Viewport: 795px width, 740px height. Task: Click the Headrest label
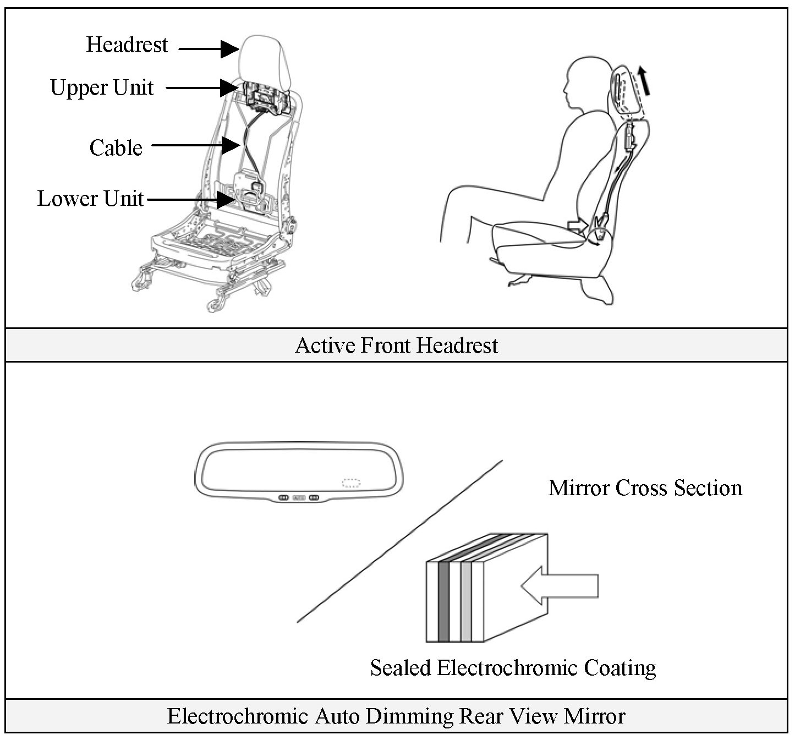(127, 45)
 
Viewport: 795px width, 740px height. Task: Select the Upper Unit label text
(102, 87)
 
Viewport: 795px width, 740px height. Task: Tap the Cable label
(116, 147)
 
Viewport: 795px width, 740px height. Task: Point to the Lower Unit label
(90, 199)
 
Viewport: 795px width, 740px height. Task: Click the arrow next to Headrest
(209, 49)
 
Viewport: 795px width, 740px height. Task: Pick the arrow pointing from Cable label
(195, 145)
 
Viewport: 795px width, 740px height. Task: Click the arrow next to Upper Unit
(201, 87)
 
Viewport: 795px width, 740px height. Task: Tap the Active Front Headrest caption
(396, 346)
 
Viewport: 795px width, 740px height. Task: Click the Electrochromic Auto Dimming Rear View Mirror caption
(396, 716)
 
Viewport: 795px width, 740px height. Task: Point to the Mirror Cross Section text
(645, 488)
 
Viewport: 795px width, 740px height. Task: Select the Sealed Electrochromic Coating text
(513, 668)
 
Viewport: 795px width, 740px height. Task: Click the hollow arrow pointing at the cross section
(559, 585)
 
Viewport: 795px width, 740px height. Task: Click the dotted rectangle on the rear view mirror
(351, 483)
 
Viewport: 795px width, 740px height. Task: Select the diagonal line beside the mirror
(399, 541)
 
